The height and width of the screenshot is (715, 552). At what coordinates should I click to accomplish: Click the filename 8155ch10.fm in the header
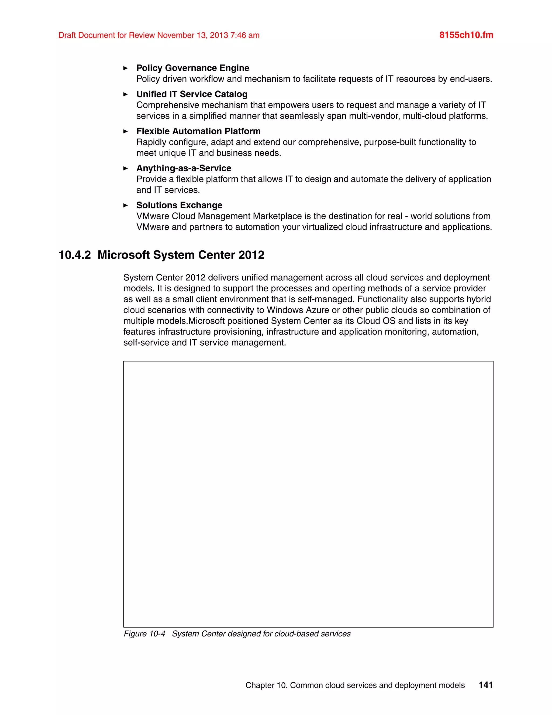click(x=466, y=35)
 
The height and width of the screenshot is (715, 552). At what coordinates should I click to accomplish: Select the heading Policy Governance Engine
click(x=193, y=68)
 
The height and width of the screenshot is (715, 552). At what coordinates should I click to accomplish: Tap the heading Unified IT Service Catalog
click(x=192, y=94)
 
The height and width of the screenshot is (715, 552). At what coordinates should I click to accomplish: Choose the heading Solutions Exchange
click(x=179, y=205)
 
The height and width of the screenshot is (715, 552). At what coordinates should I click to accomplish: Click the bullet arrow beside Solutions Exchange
click(x=126, y=205)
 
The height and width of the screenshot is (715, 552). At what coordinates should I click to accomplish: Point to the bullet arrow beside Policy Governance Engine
click(x=126, y=68)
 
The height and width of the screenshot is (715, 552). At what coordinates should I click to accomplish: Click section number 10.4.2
click(x=75, y=255)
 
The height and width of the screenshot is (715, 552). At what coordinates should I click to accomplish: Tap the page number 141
click(x=486, y=685)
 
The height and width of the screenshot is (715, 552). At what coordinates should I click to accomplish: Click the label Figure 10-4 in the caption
click(x=144, y=634)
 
